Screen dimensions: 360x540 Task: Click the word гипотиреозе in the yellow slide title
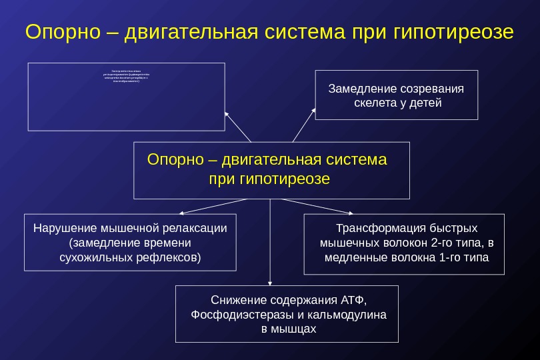coord(453,32)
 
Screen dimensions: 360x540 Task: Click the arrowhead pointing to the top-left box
coord(227,113)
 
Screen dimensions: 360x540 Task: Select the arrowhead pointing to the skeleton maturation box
coord(314,109)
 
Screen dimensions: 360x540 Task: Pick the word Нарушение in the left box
coord(61,228)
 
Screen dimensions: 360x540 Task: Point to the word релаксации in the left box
coord(197,228)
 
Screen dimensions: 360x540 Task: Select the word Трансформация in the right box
coord(375,227)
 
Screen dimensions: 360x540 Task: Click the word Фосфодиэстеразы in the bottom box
coord(235,314)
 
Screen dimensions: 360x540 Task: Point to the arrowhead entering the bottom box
coord(270,283)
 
